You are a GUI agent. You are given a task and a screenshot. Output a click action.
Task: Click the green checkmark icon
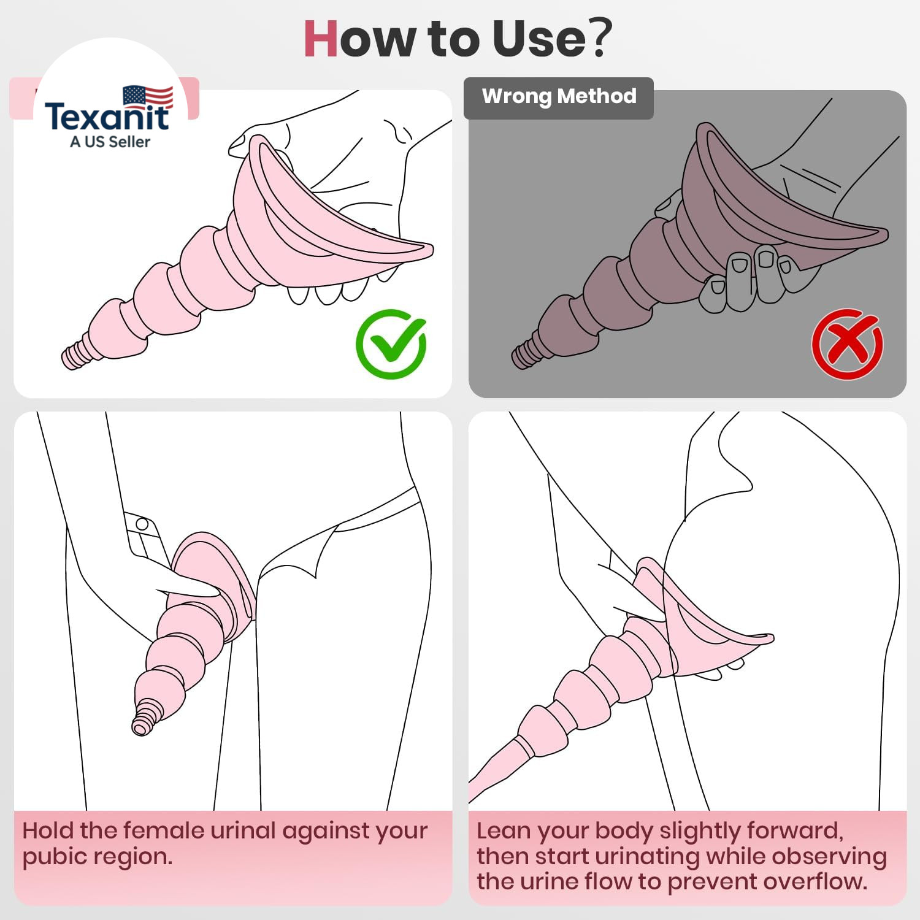391,344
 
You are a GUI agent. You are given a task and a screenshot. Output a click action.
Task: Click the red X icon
847,344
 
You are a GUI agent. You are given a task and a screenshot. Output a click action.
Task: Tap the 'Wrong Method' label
559,96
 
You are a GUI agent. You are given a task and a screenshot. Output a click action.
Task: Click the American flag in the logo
148,96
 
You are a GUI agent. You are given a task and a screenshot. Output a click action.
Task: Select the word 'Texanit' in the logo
107,117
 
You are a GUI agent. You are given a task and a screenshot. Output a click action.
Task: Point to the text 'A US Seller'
110,142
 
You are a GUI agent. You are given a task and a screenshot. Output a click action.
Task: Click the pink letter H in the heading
321,39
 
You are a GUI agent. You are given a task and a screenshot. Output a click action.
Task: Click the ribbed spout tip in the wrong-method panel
526,354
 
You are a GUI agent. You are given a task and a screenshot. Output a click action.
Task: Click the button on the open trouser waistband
142,524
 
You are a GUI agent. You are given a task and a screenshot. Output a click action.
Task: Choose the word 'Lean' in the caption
503,831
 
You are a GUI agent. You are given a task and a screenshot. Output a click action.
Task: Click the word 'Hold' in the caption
48,830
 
